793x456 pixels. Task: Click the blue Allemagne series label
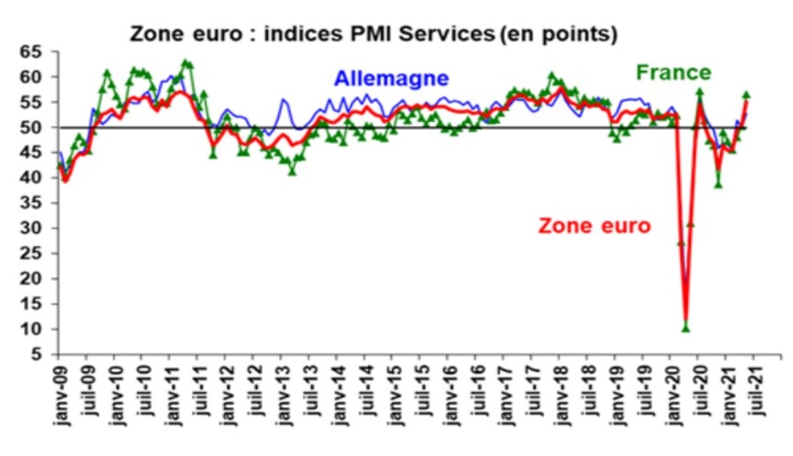[391, 79]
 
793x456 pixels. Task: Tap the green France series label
[673, 72]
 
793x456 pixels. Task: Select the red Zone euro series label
[594, 225]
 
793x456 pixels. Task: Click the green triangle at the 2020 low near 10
[686, 328]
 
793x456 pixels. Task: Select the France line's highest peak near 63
[185, 63]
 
